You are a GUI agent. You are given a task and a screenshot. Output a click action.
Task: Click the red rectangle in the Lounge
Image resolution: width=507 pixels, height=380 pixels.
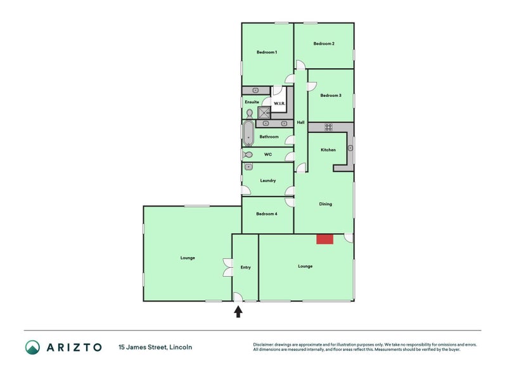(x=324, y=239)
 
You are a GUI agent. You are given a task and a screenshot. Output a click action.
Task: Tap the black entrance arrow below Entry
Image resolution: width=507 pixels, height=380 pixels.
(x=238, y=312)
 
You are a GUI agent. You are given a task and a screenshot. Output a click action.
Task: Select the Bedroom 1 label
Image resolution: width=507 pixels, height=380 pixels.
(x=267, y=52)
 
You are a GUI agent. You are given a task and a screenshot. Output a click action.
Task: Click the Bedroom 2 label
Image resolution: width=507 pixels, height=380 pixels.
(x=324, y=43)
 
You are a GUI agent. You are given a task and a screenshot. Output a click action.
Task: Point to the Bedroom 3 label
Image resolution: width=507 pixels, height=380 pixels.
(x=331, y=96)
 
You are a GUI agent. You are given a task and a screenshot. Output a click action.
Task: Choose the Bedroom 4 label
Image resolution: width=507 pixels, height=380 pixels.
(x=267, y=213)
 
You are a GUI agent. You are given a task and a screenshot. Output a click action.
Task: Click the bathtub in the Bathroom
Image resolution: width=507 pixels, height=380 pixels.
(x=248, y=134)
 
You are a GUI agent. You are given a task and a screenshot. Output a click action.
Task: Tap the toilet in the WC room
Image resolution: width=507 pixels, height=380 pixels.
(x=248, y=155)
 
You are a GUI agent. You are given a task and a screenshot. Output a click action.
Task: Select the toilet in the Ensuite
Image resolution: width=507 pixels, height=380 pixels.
(x=250, y=114)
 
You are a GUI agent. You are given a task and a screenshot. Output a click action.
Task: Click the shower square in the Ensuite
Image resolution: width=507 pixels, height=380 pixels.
(x=264, y=113)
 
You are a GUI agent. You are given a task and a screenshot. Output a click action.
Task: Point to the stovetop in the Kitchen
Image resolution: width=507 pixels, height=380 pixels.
(x=328, y=127)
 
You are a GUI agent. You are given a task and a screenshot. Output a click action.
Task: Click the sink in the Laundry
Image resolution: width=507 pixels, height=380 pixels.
(x=248, y=167)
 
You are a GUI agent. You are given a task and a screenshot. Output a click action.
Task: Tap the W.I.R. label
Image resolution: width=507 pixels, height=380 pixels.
(x=279, y=103)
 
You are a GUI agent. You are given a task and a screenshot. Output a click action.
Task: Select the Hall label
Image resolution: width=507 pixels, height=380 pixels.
(x=300, y=122)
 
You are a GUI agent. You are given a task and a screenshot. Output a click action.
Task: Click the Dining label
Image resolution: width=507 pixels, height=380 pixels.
(x=326, y=204)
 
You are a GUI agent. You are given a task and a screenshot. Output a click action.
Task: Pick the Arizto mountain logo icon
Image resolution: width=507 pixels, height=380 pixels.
(x=33, y=347)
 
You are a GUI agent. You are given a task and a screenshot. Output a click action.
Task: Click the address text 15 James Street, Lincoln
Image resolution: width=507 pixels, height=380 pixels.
(x=155, y=347)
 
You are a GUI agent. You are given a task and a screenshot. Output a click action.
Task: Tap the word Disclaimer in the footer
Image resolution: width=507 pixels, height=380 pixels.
(x=264, y=345)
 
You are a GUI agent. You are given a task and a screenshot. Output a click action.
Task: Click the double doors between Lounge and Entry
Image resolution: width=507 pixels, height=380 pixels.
(x=228, y=267)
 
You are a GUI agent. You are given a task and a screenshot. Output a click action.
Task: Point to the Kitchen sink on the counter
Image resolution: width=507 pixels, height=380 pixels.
(x=350, y=148)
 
